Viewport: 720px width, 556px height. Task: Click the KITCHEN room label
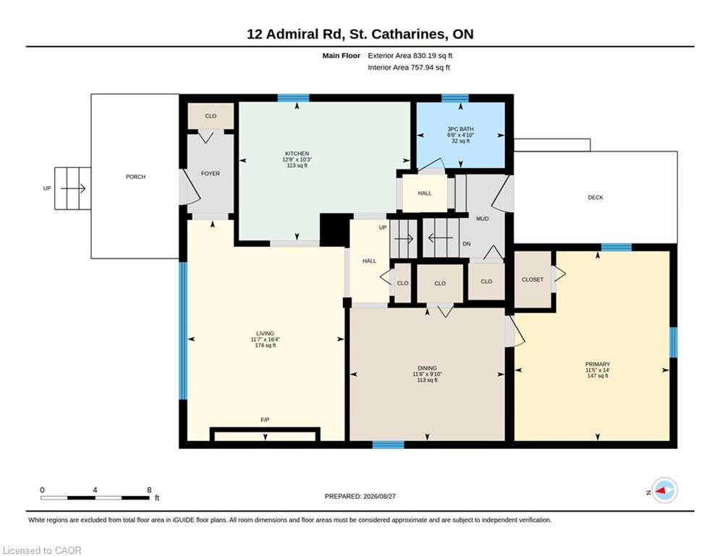coord(297,153)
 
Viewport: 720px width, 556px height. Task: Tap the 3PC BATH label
coord(460,129)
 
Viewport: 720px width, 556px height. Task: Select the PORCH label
coord(135,177)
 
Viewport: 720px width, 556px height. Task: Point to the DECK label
coord(596,197)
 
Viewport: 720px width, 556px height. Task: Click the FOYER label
coord(211,173)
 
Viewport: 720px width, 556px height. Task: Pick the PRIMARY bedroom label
coord(598,364)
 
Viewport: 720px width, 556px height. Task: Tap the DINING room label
coord(427,368)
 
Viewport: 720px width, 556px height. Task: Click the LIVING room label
coord(265,334)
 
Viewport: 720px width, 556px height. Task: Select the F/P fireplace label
coord(265,419)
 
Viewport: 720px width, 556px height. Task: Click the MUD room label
coord(482,219)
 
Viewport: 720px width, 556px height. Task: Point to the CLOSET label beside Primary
coord(533,279)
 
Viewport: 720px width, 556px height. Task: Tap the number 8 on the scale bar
coord(149,490)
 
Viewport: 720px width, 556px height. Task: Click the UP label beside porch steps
coord(47,188)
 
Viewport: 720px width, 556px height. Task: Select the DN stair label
coord(467,243)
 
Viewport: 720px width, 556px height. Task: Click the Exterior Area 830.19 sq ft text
coord(410,56)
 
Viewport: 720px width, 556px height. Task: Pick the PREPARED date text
coord(360,496)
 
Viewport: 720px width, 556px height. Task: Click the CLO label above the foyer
coord(211,116)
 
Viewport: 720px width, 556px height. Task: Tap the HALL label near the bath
coord(425,193)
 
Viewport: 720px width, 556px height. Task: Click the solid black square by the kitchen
coord(335,229)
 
